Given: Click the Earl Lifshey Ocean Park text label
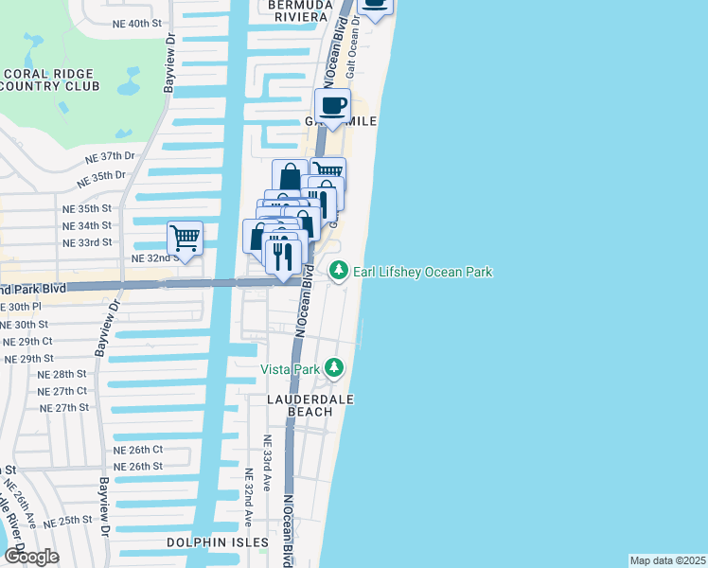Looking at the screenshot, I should [x=423, y=273].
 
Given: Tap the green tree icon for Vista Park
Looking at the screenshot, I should [x=333, y=366].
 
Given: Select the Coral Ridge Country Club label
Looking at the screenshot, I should [x=51, y=80].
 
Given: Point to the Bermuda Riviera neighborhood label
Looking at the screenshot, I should [x=296, y=9].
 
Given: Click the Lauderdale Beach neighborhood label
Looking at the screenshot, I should [x=310, y=405].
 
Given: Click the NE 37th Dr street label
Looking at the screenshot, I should [x=110, y=157].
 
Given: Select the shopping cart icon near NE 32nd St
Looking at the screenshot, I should [x=185, y=237].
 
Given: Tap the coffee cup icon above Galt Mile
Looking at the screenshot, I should [x=331, y=105].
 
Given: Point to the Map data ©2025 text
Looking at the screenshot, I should [x=667, y=560].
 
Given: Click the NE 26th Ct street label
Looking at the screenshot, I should [x=138, y=450].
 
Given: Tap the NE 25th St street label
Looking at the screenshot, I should [x=66, y=521].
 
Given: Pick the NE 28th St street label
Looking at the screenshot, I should [x=62, y=375].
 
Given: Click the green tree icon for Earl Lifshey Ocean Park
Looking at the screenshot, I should [x=339, y=272].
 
